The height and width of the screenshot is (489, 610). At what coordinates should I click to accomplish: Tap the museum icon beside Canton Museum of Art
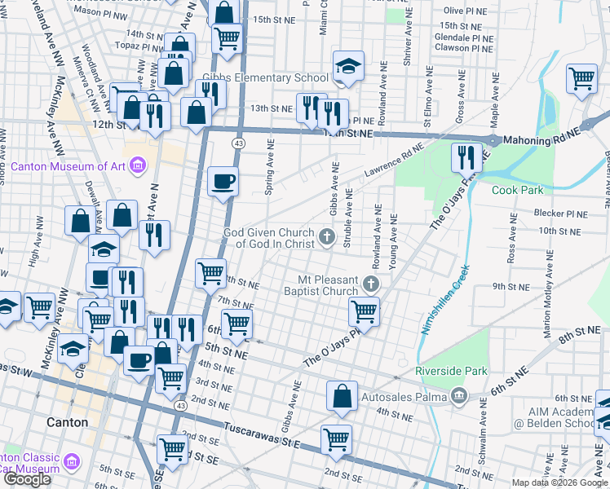(137, 167)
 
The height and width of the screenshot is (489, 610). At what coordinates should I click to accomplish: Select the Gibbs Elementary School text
(266, 78)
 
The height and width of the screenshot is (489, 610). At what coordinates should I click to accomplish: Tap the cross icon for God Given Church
(326, 237)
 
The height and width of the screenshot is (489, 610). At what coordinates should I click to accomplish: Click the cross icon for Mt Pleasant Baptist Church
(372, 284)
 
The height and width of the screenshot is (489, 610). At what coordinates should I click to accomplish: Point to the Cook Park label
(517, 190)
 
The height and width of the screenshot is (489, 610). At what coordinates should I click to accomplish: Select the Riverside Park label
(451, 371)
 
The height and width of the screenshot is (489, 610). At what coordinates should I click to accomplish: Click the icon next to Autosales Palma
(458, 397)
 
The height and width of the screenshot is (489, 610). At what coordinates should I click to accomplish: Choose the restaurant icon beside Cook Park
(466, 155)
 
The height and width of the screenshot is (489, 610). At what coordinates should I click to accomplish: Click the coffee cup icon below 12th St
(223, 181)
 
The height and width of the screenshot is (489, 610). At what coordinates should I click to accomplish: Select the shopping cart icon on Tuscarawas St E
(336, 438)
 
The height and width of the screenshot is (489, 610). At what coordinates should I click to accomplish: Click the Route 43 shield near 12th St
(237, 143)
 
